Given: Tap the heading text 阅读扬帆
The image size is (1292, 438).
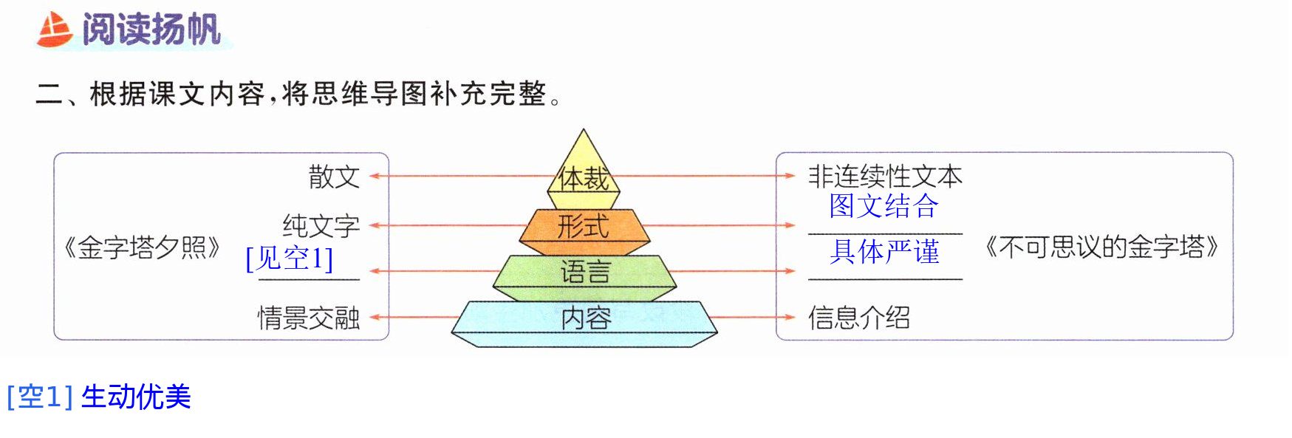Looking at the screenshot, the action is [x=151, y=30].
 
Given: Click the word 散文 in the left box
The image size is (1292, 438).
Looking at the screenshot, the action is [x=334, y=177].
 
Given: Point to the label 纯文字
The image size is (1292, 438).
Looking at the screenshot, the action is [x=321, y=225].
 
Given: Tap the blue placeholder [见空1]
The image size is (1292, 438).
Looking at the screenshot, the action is [x=289, y=259].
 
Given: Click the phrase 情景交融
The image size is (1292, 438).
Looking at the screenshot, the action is [x=309, y=318].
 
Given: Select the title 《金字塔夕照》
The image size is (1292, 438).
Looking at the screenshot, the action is [x=142, y=247].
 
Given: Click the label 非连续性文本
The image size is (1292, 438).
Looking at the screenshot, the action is [x=885, y=177].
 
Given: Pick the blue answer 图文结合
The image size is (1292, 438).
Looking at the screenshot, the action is [x=883, y=206].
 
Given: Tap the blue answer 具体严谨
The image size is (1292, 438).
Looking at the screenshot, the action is [x=884, y=252].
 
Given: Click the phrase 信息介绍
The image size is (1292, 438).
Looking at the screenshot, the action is [x=859, y=318].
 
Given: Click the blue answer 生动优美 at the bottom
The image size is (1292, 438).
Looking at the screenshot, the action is [x=136, y=397].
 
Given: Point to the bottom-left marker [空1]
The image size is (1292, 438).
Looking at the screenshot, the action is [x=40, y=397].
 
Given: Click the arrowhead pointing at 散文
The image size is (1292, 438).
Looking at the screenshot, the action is [x=375, y=177].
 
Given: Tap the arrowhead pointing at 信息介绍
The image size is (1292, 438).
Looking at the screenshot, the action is [x=790, y=318].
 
